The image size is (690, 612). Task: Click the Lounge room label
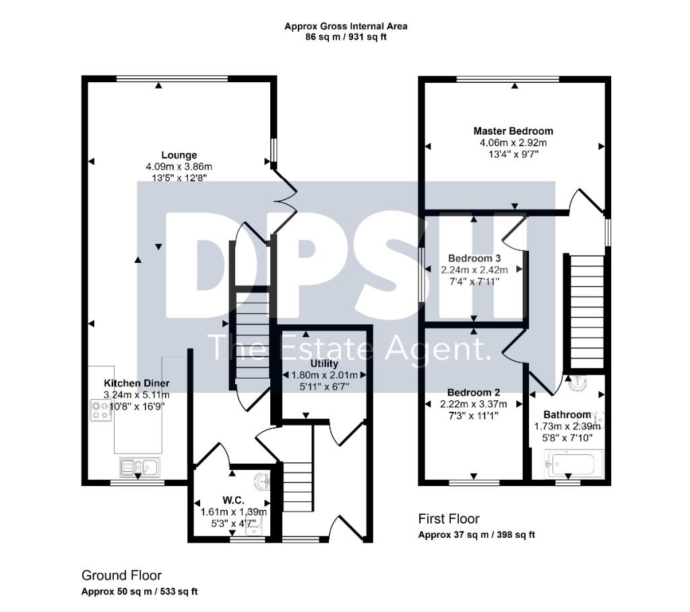tap(179, 155)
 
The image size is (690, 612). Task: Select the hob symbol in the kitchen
tap(101, 410)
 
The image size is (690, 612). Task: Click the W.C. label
tap(232, 501)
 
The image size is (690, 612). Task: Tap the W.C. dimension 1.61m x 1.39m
tap(234, 512)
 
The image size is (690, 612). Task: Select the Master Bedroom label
tap(513, 131)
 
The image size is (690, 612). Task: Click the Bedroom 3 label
tap(474, 258)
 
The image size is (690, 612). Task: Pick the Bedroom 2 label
tap(474, 392)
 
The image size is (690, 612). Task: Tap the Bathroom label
tap(567, 415)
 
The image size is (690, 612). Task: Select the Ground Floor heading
tap(121, 575)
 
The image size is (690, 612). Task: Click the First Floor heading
tap(449, 518)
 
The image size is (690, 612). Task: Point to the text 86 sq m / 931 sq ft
tap(346, 37)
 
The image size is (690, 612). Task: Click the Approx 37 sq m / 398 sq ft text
tap(476, 535)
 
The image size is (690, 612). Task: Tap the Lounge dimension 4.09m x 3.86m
tap(179, 166)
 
